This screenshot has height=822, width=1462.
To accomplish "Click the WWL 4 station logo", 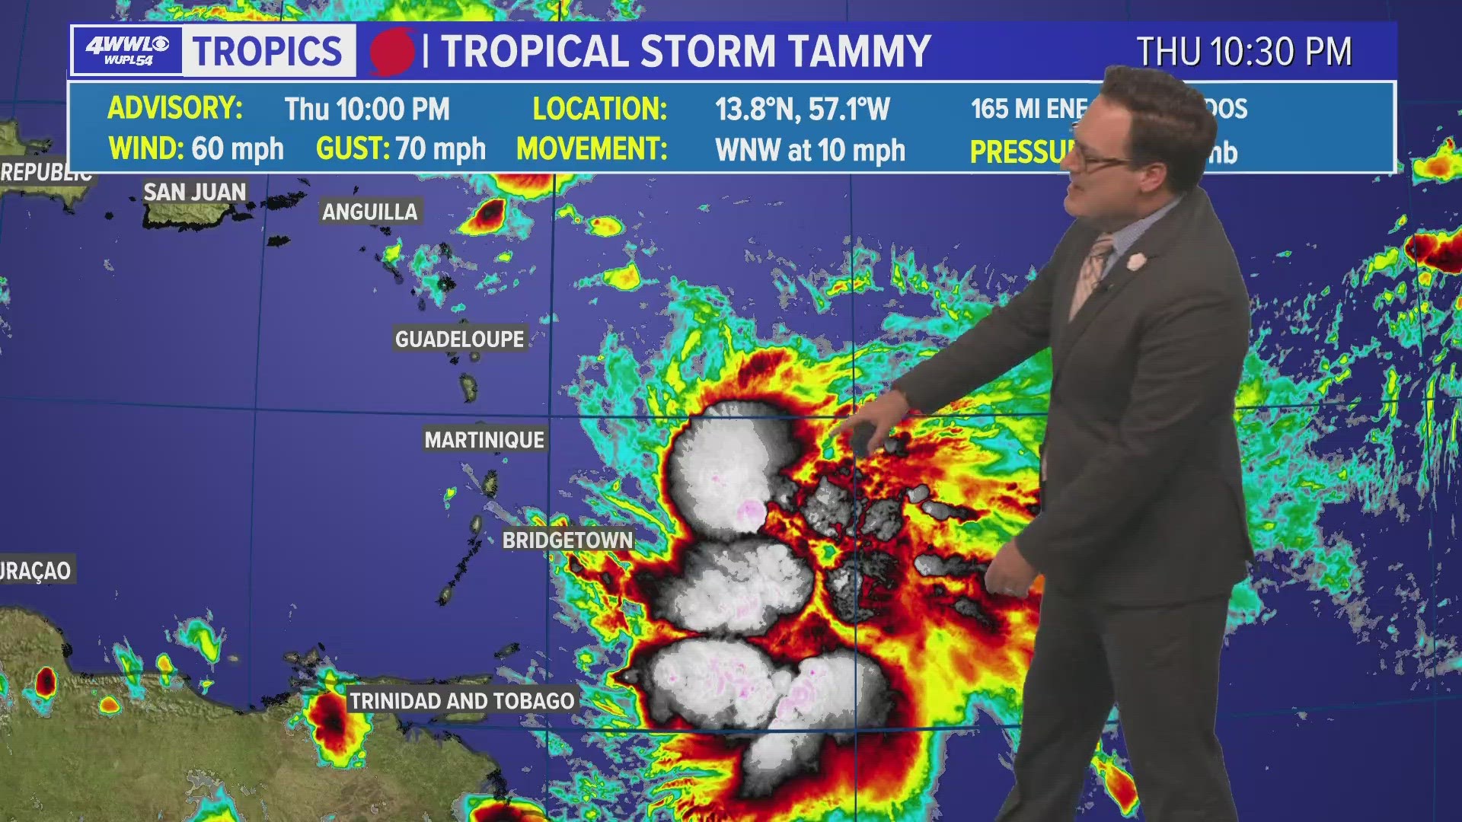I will tap(127, 51).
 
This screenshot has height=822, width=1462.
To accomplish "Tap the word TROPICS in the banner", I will tap(267, 51).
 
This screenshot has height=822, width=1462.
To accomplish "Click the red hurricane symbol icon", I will tap(392, 52).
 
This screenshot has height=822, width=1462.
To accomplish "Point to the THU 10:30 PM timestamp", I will tap(1244, 52).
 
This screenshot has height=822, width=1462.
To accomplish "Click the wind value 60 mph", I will tap(238, 149).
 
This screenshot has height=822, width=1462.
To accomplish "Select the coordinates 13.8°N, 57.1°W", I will tap(802, 110).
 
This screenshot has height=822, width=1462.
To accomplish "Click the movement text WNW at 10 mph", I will tap(810, 151).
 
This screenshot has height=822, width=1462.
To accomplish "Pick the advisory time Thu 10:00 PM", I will tap(367, 110).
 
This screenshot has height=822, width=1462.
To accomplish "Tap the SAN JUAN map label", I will tap(195, 192).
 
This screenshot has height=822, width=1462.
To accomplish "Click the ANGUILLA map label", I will tap(370, 212).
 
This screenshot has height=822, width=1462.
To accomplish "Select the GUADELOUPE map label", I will tap(460, 339).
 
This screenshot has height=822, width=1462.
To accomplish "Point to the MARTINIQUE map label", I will tap(484, 440).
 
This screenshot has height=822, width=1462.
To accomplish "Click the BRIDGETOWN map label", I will tap(567, 540).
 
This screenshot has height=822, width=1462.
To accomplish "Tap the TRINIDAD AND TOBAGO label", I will tap(461, 701).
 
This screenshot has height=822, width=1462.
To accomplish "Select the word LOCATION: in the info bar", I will tap(600, 109).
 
